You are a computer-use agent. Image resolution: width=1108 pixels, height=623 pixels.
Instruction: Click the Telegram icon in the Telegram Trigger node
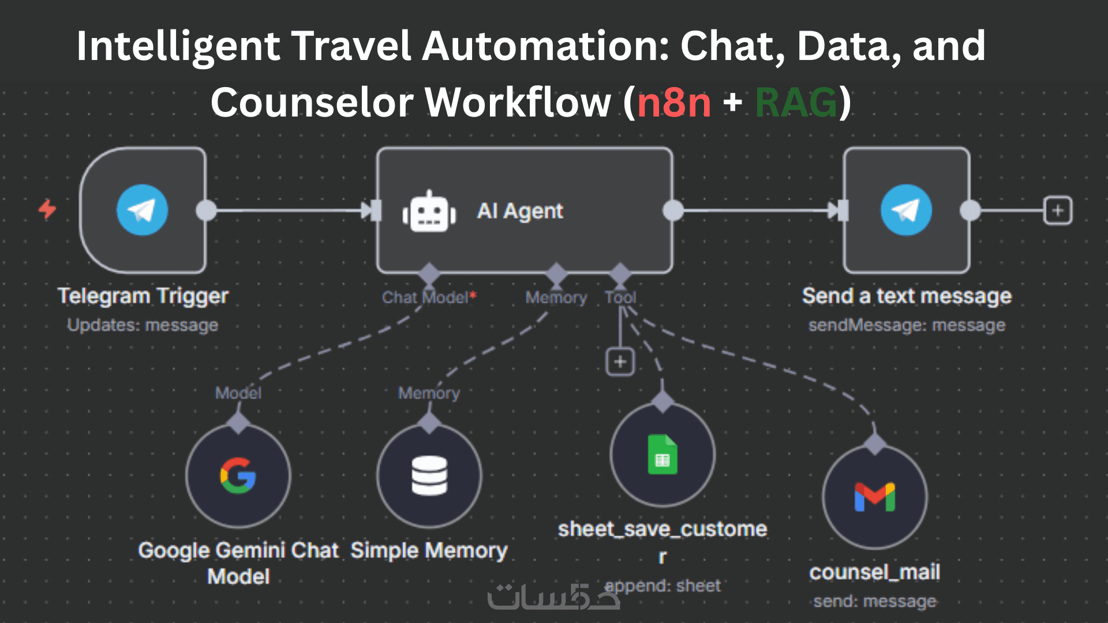pos(142,210)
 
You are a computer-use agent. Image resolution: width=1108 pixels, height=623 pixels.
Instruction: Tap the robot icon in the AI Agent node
pos(429,212)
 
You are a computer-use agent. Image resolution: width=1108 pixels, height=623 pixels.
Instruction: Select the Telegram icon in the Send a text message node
pos(906,210)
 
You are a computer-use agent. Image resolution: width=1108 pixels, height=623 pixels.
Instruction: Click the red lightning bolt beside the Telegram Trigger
pos(47,209)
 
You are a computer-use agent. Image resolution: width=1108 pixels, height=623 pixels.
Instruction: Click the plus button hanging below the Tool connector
pos(620,362)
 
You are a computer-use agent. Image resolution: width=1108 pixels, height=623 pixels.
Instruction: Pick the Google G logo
pos(238,475)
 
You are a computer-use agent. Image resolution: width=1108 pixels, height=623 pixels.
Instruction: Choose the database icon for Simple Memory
pos(429,475)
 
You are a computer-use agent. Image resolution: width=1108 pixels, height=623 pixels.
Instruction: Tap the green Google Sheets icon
pos(662,455)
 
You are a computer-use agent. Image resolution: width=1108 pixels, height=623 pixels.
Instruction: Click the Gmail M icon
pos(875,497)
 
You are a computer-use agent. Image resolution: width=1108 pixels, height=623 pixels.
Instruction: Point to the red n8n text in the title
pos(674,103)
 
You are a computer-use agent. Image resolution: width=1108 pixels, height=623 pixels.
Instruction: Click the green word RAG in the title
pos(796,103)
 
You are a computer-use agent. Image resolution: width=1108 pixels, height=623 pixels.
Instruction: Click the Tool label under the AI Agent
pos(620,298)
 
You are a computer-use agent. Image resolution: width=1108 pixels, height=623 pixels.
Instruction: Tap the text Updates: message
pos(143,325)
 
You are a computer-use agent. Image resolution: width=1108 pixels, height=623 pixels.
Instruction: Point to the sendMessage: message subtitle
pos(907,325)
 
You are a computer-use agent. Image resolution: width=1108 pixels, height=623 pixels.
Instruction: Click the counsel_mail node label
pos(875,572)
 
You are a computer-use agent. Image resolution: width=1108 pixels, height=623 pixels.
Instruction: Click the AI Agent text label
pos(520,211)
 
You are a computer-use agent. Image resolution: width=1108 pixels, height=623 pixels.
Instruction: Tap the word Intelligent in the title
pos(178,46)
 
